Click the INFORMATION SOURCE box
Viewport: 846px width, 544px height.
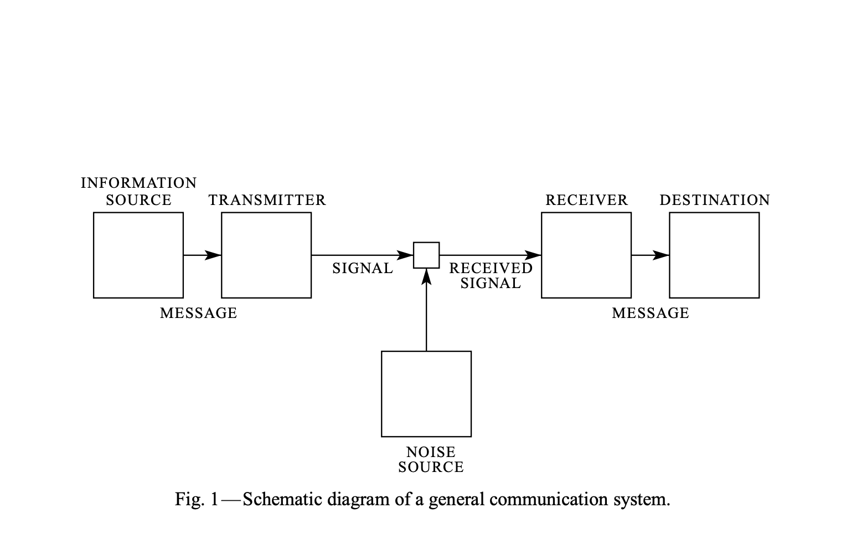(x=138, y=255)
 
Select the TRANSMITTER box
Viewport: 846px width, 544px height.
(x=266, y=255)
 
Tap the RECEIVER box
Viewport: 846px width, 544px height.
(x=586, y=255)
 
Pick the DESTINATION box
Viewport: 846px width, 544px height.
(x=714, y=255)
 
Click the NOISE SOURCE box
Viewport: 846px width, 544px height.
(x=426, y=393)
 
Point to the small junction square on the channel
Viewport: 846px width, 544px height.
(x=426, y=255)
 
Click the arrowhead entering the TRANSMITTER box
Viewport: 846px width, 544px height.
(x=214, y=255)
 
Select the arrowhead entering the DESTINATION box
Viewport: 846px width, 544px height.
(x=662, y=255)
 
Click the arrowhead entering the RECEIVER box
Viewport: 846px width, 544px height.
(x=533, y=255)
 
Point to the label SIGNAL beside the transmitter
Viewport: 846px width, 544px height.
(x=363, y=269)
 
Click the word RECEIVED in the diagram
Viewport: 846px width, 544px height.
(x=491, y=268)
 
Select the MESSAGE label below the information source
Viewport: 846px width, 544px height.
(x=198, y=314)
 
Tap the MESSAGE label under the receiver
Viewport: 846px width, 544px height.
(x=651, y=314)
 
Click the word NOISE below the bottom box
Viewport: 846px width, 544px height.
(x=431, y=453)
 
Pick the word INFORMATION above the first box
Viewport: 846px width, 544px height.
(x=138, y=183)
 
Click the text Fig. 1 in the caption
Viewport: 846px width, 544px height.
(x=197, y=500)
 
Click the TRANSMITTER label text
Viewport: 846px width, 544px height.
(x=267, y=201)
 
